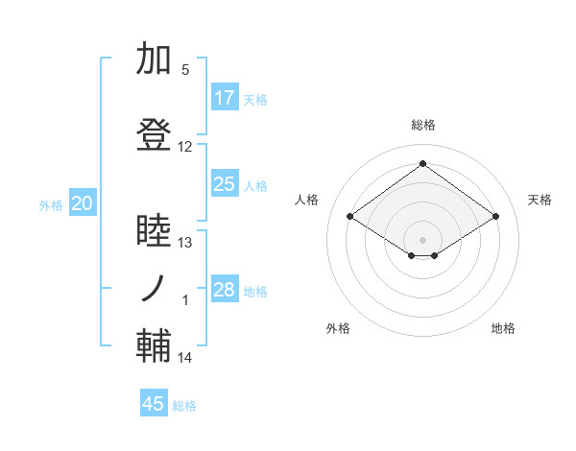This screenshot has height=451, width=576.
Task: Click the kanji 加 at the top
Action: click(155, 59)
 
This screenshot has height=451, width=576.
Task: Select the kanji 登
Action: click(155, 135)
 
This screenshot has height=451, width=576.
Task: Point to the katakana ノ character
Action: click(155, 289)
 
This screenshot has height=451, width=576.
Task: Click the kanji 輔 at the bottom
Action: click(155, 346)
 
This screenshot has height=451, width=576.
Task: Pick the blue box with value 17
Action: click(225, 98)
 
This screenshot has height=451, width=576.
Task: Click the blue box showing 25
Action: click(225, 184)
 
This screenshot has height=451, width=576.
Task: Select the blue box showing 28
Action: click(225, 290)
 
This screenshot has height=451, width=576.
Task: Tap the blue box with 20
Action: click(83, 203)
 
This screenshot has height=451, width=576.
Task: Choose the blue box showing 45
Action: click(154, 404)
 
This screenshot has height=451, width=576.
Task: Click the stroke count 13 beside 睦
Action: click(185, 243)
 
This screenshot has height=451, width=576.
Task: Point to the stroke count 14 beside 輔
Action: click(185, 358)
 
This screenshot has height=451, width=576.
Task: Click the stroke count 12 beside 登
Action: click(185, 147)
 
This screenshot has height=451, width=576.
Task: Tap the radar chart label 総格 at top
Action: click(422, 125)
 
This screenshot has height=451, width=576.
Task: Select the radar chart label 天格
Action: click(540, 200)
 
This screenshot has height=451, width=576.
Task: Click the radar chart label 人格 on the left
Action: click(307, 200)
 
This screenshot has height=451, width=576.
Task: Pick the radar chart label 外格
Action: click(338, 328)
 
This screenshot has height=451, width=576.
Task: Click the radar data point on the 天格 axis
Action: click(495, 216)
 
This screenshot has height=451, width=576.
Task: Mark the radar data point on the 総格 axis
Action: click(422, 164)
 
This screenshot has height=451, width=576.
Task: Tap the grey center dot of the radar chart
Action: click(422, 238)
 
